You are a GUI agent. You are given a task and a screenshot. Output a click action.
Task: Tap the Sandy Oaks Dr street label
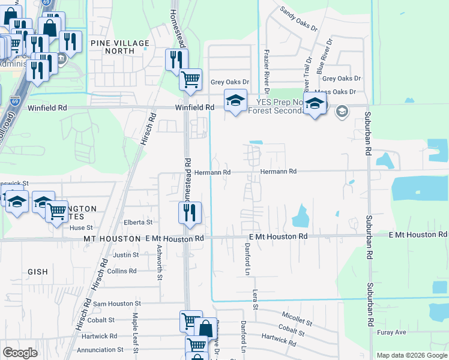point(297,18)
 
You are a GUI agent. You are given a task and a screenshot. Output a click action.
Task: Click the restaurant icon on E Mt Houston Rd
point(190,214)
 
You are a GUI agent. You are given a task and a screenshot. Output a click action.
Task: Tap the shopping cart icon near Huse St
point(56,211)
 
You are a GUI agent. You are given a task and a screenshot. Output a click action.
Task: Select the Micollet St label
point(297,318)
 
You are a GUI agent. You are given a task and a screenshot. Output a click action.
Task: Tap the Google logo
point(20,353)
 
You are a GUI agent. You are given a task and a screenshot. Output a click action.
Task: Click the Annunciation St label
point(99,349)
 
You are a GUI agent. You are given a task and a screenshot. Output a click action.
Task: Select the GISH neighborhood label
point(37,272)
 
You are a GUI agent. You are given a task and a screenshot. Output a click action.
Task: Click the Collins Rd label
point(122,271)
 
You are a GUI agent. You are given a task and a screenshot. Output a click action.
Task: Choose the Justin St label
point(126,255)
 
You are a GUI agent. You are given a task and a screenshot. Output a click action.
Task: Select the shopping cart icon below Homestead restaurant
point(190,79)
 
